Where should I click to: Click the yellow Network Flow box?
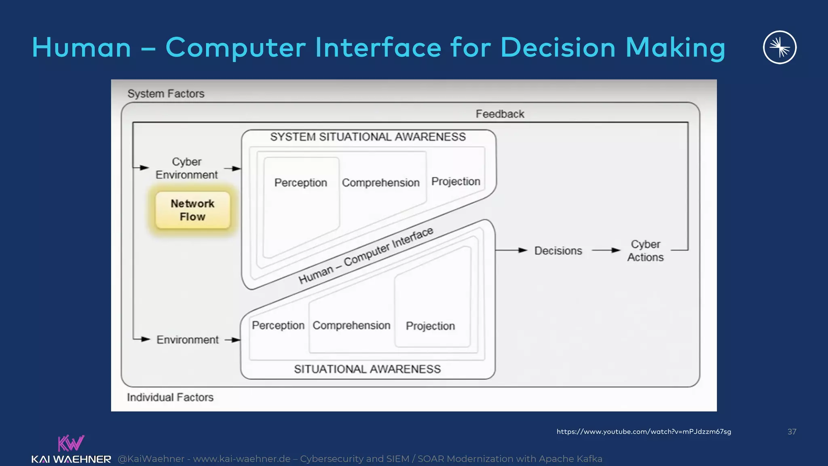(192, 210)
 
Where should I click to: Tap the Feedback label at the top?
(500, 114)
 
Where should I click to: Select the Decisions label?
(558, 251)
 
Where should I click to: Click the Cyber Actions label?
(645, 251)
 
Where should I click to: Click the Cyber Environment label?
(186, 168)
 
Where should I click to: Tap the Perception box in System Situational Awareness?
(300, 183)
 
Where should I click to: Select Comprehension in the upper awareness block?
(380, 183)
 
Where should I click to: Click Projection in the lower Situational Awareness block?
(430, 326)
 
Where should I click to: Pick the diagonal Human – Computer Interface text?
(366, 256)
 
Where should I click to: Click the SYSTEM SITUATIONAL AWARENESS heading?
(368, 137)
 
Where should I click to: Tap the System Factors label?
(166, 94)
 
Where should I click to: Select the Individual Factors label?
(170, 397)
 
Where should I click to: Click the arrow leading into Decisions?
(511, 250)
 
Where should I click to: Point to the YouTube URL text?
(644, 432)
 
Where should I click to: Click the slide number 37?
(792, 432)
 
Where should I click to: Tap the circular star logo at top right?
(779, 47)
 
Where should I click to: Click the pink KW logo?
(71, 443)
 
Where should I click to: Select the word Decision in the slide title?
(558, 48)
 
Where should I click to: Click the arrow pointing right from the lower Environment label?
(232, 340)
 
